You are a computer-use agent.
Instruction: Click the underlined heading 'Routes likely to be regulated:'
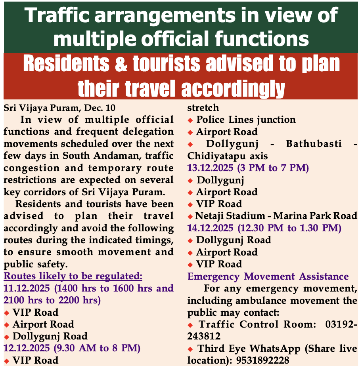click(x=73, y=276)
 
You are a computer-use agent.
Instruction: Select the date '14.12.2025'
click(x=211, y=228)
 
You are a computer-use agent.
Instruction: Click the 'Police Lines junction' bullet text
click(x=246, y=120)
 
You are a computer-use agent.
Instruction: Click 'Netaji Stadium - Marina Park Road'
click(x=276, y=216)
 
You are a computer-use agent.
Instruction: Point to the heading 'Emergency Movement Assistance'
click(x=268, y=276)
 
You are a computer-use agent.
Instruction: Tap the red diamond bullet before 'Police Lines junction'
click(x=190, y=120)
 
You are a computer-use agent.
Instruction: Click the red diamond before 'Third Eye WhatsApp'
click(x=190, y=349)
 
